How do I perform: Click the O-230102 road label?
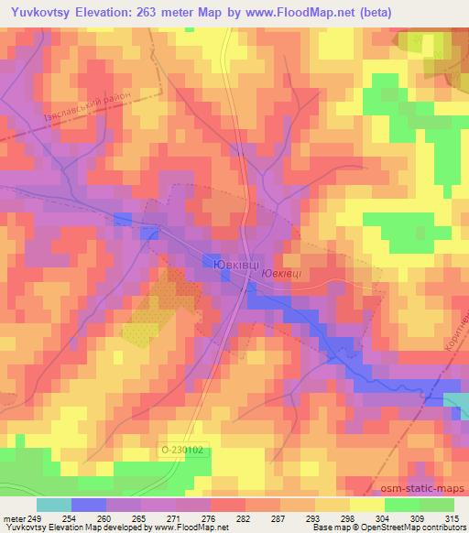tap(180, 450)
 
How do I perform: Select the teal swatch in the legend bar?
tap(53, 505)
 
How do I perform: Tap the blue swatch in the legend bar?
tap(88, 505)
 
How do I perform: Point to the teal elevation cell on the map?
tap(455, 404)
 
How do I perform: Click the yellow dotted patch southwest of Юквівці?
tap(147, 321)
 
